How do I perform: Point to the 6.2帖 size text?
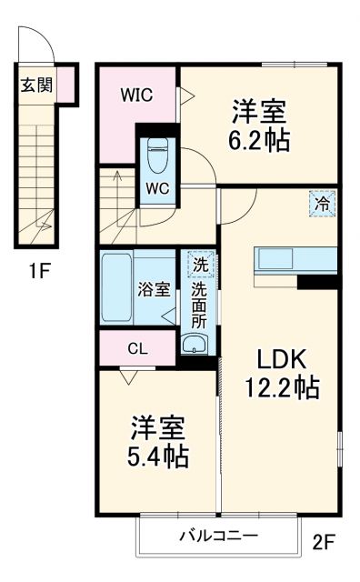click(258, 142)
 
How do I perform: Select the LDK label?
click(279, 357)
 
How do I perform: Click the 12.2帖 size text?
click(279, 388)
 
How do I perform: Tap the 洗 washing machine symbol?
click(198, 266)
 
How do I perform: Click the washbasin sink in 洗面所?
click(195, 343)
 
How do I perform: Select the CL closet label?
click(137, 348)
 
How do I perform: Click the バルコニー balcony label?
click(218, 536)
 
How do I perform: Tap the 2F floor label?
click(325, 544)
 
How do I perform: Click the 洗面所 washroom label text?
click(198, 306)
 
